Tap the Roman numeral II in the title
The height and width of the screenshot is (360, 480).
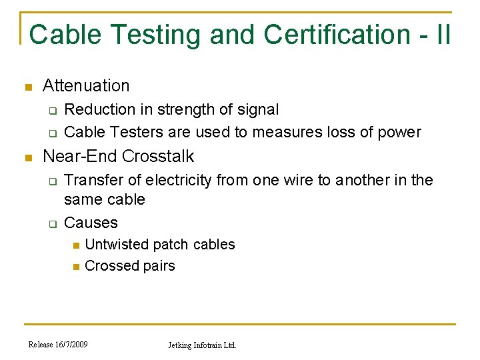pyautogui.click(x=441, y=34)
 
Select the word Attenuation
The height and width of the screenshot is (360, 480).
pyautogui.click(x=86, y=85)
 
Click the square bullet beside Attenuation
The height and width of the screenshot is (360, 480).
pyautogui.click(x=27, y=87)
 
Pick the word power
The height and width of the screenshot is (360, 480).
pyautogui.click(x=399, y=132)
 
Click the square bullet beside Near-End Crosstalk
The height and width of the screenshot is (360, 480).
pyautogui.click(x=27, y=158)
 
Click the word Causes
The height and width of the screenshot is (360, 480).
pyautogui.click(x=91, y=223)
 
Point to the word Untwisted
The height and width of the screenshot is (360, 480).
pyautogui.click(x=117, y=245)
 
